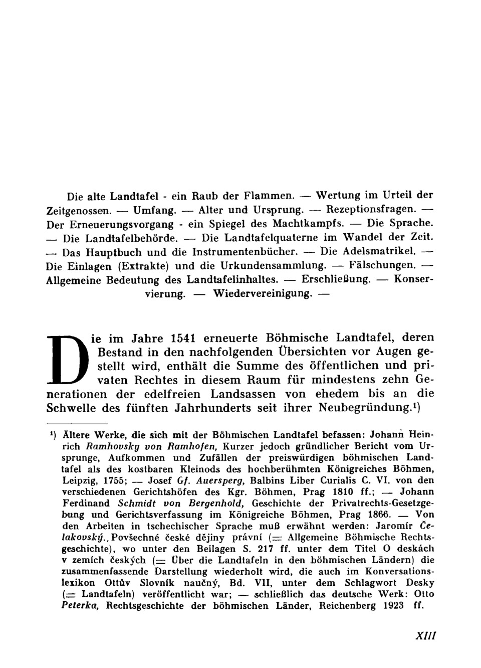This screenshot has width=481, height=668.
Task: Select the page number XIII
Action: point(426,635)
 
